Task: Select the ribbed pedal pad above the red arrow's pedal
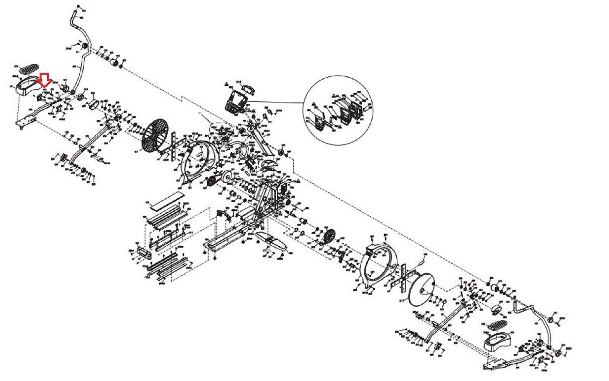tap(29, 69)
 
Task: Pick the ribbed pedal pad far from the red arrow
tap(495, 327)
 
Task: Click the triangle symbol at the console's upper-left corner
tap(226, 83)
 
